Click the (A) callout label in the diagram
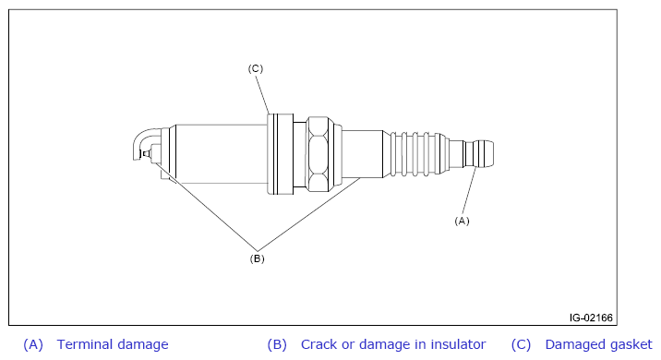click(x=462, y=221)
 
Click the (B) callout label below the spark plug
click(x=257, y=258)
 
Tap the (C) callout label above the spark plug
click(x=255, y=68)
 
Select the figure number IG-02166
click(x=591, y=318)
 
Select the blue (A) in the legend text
click(x=33, y=345)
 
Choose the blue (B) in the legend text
click(x=277, y=345)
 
